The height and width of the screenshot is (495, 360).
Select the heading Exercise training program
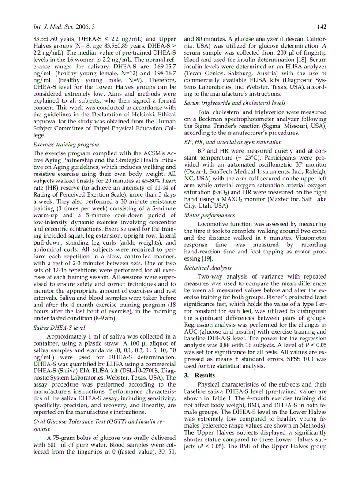click(66, 144)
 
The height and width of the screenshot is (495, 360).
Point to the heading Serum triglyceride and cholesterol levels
click(235, 103)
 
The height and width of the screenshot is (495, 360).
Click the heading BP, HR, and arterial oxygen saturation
click(232, 142)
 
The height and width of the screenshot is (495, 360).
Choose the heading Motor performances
click(210, 216)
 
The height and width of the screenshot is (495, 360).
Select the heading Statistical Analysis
click(207, 268)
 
